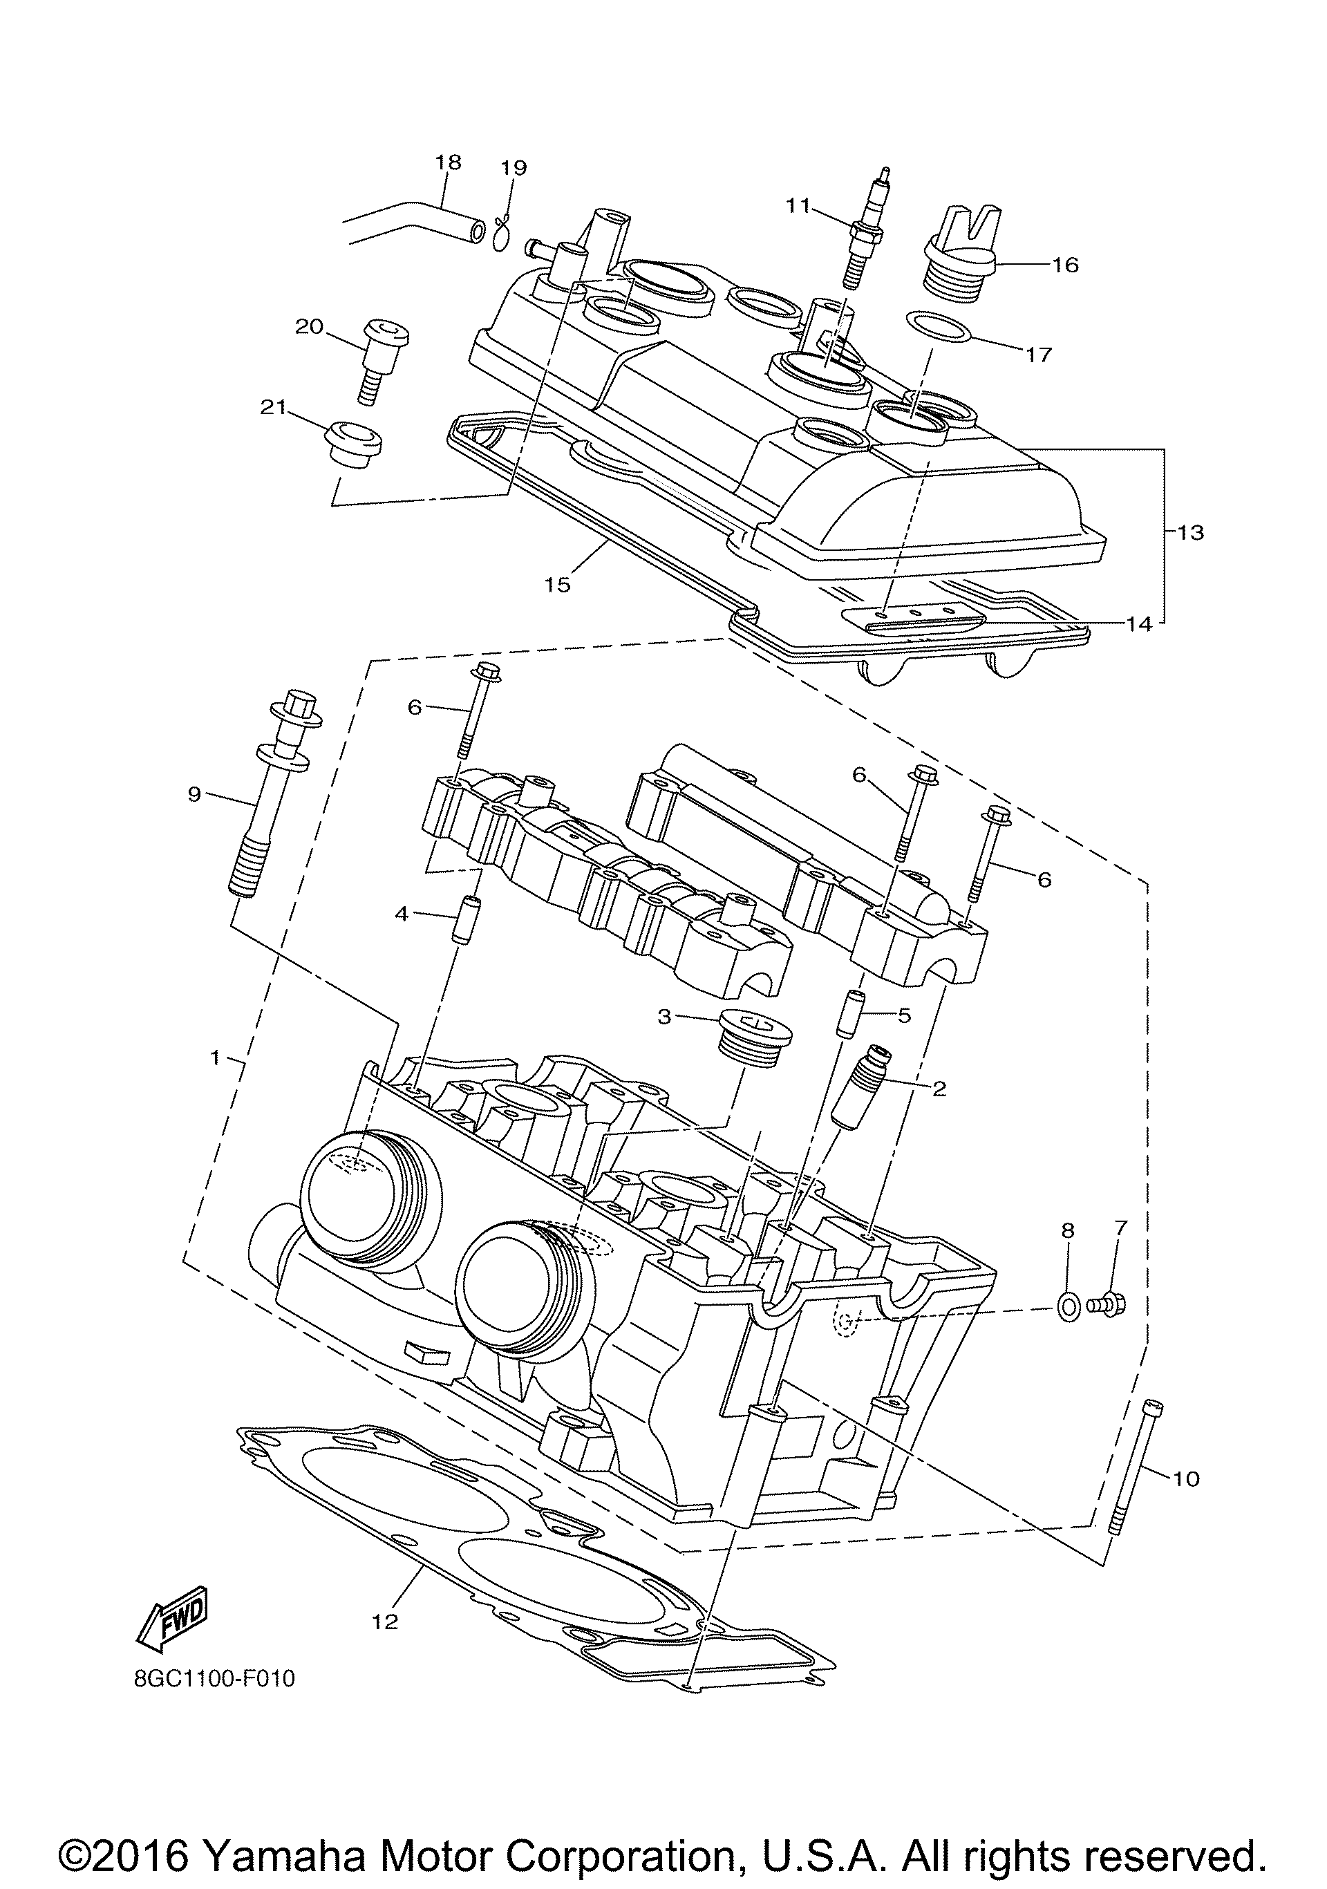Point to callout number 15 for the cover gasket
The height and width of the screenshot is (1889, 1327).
(557, 584)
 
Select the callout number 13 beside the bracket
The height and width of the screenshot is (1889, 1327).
(1190, 532)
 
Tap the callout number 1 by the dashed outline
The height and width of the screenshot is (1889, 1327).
(215, 1058)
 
